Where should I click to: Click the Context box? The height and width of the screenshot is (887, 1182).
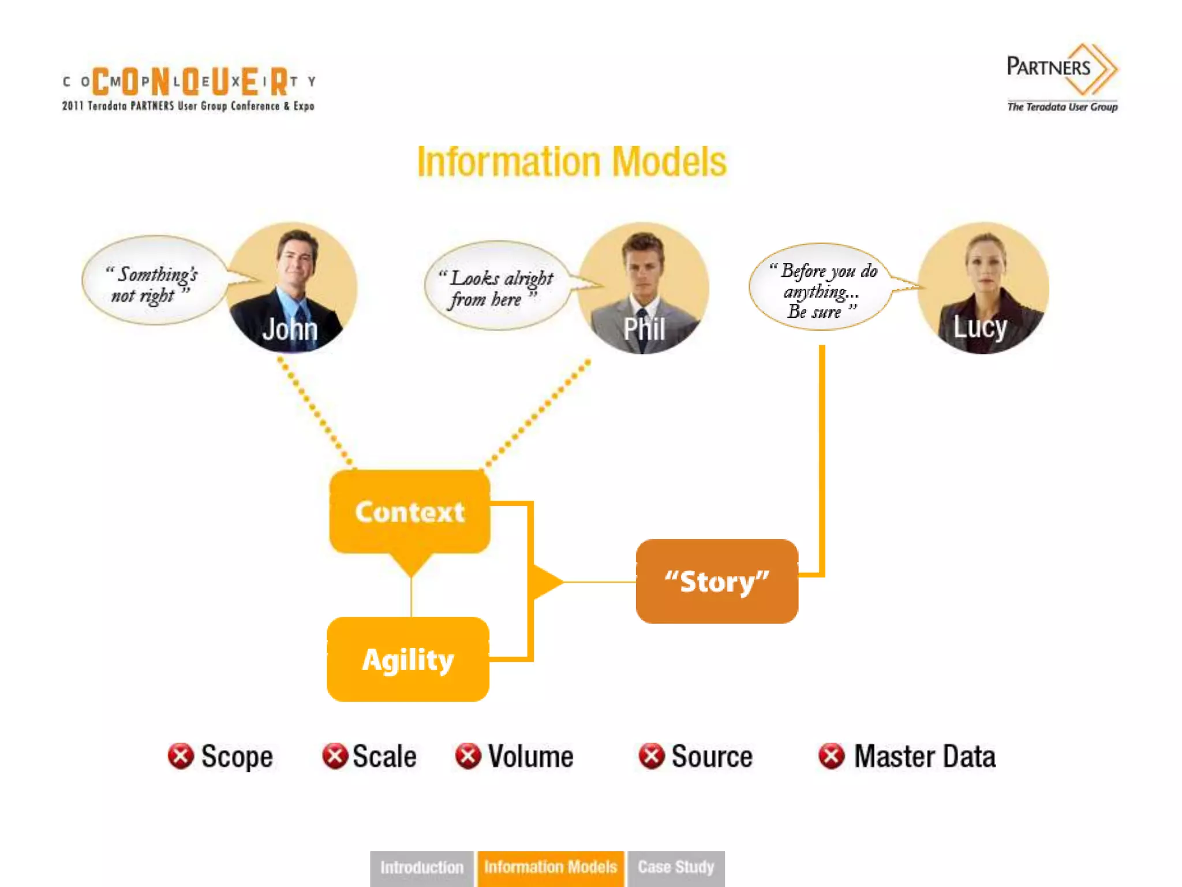409,512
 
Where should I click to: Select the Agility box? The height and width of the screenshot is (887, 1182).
408,659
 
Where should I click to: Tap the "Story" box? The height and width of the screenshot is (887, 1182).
717,581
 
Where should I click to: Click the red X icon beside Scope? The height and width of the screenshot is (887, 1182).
181,756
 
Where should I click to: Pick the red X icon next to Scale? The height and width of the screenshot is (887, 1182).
335,756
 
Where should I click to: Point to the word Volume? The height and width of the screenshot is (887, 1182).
530,756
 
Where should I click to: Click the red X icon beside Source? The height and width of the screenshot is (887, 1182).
652,756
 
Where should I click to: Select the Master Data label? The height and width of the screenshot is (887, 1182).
925,756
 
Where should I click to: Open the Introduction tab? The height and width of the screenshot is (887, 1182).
422,867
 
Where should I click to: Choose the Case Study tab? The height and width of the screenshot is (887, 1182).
676,867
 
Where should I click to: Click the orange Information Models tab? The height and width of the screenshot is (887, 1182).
551,867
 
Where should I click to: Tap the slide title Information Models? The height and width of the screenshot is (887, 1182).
571,162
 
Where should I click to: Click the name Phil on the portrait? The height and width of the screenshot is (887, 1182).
644,330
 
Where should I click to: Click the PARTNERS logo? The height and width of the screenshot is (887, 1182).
1062,75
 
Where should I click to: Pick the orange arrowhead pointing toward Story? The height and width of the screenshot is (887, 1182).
545,582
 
